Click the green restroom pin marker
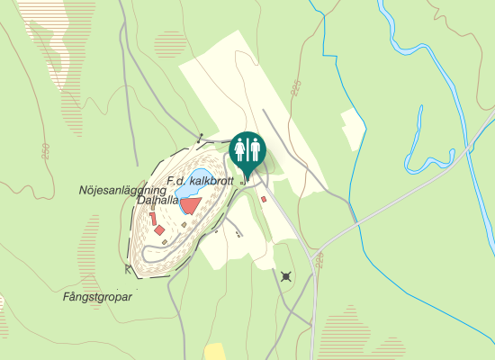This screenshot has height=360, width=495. point(247,150)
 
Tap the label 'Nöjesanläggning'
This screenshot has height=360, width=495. point(122,190)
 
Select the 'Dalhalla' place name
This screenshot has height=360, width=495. point(155,202)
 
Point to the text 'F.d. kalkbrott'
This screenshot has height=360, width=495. point(200,181)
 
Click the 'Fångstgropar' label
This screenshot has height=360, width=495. point(98,296)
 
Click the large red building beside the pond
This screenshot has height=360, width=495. point(190,206)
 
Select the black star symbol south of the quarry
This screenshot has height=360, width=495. point(286,275)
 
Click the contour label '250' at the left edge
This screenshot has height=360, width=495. point(42,151)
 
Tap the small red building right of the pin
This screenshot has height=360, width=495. point(264,199)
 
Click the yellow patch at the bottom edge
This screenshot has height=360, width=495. point(214,352)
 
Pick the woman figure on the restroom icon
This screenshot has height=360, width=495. point(240,148)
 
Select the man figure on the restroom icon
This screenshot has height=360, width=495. point(254,148)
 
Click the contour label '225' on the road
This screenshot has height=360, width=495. point(319,262)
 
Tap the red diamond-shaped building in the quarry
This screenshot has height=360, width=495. point(159,230)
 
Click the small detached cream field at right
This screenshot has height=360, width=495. point(352,129)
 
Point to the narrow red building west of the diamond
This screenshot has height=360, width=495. point(153,219)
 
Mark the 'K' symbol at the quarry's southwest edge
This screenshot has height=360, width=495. point(128,268)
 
